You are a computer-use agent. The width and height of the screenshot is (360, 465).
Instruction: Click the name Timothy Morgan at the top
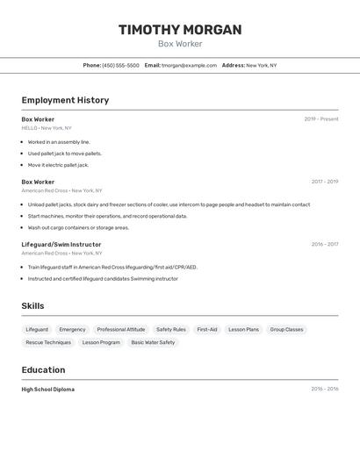[x=180, y=30]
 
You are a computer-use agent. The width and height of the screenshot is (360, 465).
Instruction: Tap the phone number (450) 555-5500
[x=120, y=66]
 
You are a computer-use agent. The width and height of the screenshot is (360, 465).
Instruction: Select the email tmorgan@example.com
[x=190, y=66]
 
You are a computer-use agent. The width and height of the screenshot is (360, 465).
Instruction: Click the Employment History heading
[x=65, y=100]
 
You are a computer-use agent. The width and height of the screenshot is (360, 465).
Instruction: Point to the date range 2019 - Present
[x=320, y=119]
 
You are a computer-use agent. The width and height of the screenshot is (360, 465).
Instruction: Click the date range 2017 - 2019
[x=324, y=182]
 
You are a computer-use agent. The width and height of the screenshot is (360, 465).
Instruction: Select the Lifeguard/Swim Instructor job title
[x=61, y=245]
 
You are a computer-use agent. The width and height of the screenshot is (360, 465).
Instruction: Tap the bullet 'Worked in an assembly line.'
[x=59, y=142]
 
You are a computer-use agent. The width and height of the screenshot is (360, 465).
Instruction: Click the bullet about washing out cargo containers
[x=78, y=227]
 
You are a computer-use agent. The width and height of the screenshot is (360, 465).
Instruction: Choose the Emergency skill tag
[x=72, y=330]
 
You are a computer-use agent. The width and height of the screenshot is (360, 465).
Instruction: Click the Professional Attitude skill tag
[x=121, y=330]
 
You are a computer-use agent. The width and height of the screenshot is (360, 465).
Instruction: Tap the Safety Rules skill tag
[x=171, y=330]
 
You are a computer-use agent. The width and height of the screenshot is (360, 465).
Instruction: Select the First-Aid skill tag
[x=207, y=330]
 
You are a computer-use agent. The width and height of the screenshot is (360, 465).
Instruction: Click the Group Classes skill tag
[x=286, y=330]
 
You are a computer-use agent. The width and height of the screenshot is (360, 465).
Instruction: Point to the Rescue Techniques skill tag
[x=48, y=342]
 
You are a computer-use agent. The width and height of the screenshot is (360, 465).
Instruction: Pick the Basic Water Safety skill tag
[x=153, y=342]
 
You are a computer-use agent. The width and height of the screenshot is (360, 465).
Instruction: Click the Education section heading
[x=43, y=370]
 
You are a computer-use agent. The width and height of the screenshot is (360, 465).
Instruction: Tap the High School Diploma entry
[x=48, y=389]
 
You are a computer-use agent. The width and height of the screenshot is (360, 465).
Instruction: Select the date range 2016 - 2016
[x=324, y=389]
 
